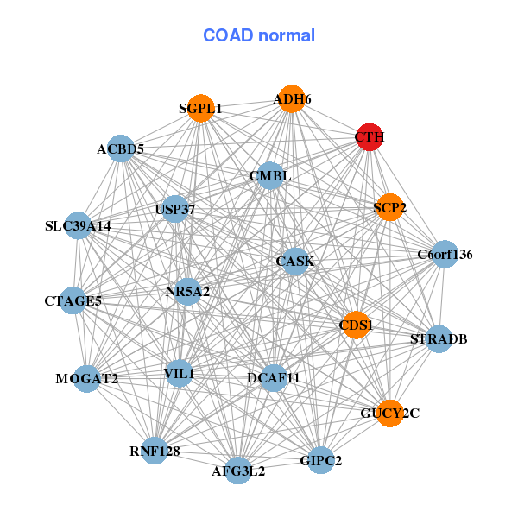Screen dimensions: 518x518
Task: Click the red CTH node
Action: coord(370,137)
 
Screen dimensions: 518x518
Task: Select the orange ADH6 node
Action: coord(292,99)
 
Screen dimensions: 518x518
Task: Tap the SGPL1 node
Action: coord(200,108)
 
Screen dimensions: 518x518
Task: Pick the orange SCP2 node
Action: coord(390,207)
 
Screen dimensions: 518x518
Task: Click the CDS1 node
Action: coord(356,325)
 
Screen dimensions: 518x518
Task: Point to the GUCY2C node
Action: coord(390,413)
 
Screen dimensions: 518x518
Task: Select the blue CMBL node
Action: coord(270,176)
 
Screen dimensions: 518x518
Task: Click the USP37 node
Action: coord(175,209)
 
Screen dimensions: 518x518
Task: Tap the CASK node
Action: coord(295,262)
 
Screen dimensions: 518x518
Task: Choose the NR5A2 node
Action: coord(187,292)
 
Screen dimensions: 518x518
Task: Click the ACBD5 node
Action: coord(121,148)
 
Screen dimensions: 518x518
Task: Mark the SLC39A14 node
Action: coord(78,225)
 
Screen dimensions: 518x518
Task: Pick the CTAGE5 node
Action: coord(73,300)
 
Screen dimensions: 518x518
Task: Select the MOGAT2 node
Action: coord(87,379)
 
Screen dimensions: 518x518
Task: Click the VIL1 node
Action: coord(179,373)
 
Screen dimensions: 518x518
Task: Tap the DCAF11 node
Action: coord(274,378)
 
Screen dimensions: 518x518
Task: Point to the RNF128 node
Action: coord(155,451)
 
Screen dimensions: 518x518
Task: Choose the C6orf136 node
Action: coord(445,254)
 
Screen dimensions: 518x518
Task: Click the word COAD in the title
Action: coord(228,35)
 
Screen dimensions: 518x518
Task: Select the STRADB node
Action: coord(439,339)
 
